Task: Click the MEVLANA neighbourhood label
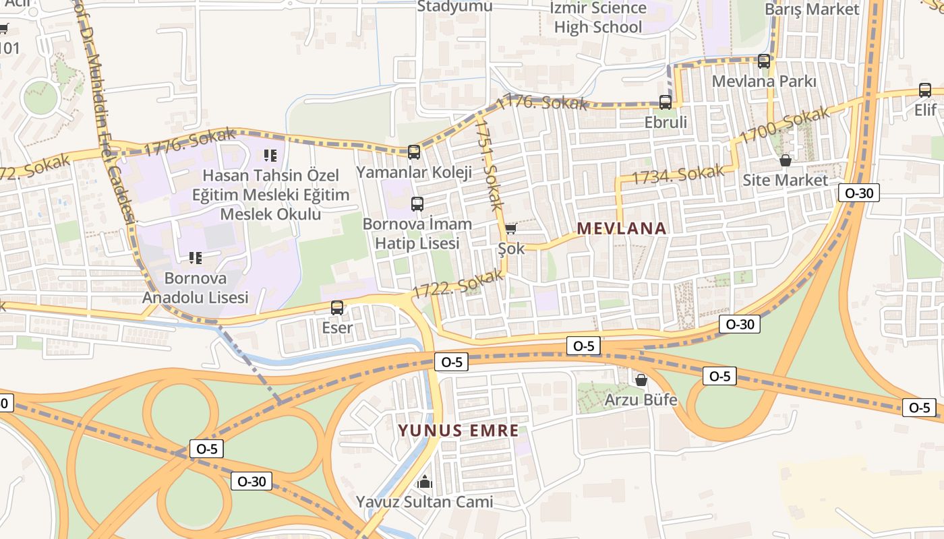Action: tap(621, 228)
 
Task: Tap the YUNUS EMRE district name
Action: tap(458, 431)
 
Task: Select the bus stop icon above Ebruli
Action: tap(666, 102)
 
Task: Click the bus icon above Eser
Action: tap(337, 308)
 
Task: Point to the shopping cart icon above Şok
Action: tap(511, 229)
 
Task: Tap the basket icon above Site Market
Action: tap(785, 160)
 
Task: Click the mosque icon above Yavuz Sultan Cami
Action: tap(425, 482)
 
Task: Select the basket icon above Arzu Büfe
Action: tap(641, 380)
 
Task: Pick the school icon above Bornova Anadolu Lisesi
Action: tap(196, 257)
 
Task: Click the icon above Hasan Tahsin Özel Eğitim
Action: tap(270, 156)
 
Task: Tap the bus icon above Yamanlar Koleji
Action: tap(414, 152)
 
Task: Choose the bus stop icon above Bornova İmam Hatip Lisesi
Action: tap(417, 203)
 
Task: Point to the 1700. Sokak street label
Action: tap(784, 125)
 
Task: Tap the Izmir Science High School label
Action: tap(598, 18)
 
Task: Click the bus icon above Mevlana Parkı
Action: tap(764, 61)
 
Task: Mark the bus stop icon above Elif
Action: tap(925, 90)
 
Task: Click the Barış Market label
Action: tap(812, 9)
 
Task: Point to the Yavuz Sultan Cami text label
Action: tap(425, 502)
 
